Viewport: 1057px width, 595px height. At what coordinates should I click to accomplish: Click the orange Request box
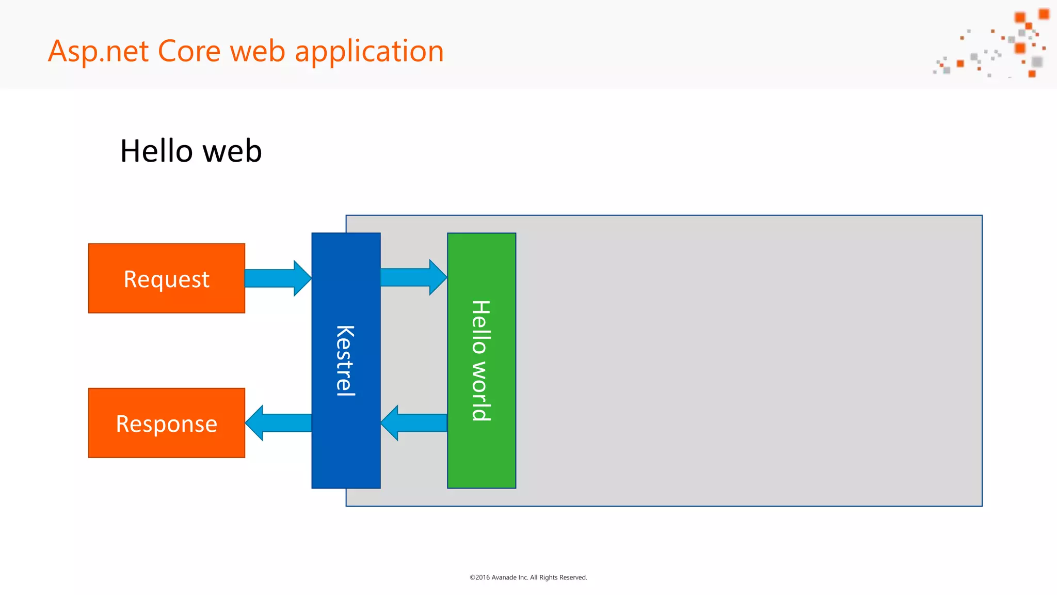166,278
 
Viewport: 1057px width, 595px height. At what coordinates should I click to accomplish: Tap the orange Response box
166,423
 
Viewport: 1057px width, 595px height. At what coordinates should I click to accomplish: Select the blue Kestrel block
346,455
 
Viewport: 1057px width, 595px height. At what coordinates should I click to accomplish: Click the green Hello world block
482,455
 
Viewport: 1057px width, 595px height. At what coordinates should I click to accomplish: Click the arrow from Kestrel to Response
278,422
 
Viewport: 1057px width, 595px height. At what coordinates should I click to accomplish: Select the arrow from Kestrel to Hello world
413,277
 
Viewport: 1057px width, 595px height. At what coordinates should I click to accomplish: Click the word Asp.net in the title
99,52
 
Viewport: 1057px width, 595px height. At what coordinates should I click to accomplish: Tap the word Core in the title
189,51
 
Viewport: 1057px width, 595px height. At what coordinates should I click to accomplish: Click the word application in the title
369,52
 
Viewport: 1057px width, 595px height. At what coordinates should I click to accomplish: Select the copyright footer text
528,577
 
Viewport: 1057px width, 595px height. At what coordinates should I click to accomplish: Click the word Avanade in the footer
503,577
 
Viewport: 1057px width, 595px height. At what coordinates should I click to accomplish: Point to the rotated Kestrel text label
345,361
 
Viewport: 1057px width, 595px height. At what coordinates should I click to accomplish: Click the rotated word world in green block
481,392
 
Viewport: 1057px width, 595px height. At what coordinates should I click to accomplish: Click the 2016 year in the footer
483,577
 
